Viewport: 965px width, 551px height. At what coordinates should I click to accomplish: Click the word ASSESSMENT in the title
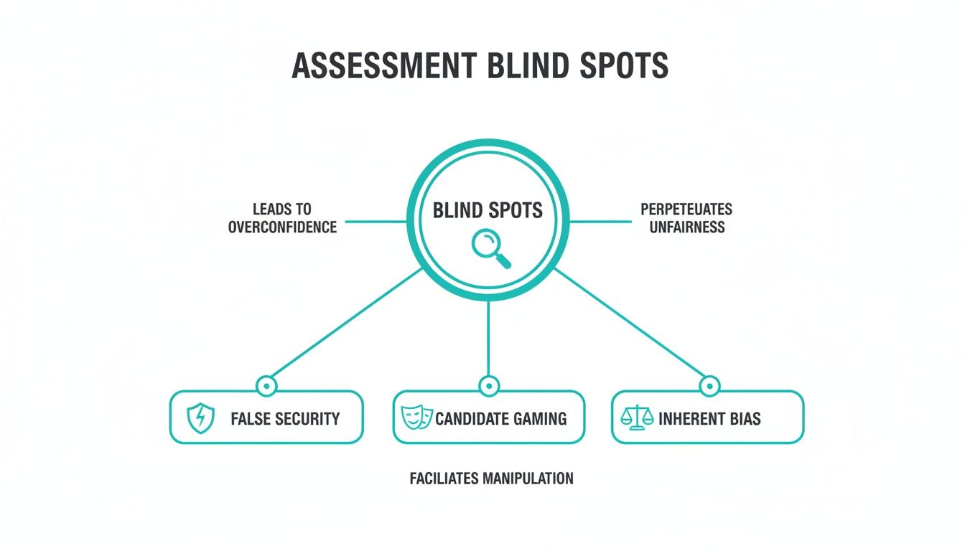384,65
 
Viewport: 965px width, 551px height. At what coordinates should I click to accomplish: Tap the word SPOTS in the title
624,65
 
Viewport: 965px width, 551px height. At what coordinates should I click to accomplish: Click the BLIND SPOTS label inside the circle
488,210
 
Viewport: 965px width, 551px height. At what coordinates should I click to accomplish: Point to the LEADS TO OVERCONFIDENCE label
282,218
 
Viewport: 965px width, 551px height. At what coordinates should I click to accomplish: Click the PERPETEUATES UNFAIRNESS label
686,218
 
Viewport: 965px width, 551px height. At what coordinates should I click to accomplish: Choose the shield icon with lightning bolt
201,418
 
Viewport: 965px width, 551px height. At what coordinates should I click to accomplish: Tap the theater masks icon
416,417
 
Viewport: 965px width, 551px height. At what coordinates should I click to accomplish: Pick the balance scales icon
637,417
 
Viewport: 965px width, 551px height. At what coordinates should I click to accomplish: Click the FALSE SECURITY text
285,419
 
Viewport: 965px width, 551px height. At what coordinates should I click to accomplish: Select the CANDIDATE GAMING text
501,419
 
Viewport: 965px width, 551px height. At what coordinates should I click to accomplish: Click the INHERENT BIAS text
709,419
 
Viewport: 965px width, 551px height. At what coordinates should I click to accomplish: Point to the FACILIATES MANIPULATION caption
492,479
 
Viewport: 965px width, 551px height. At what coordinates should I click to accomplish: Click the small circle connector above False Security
266,386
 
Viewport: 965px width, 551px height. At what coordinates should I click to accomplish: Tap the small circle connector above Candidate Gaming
488,386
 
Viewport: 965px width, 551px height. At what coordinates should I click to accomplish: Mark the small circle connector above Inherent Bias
709,386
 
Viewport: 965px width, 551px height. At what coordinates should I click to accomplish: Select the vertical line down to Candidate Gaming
488,339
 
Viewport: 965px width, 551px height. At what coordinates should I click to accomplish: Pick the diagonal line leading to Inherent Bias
630,322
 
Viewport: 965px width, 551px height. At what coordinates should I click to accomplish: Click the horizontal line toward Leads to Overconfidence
376,222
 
